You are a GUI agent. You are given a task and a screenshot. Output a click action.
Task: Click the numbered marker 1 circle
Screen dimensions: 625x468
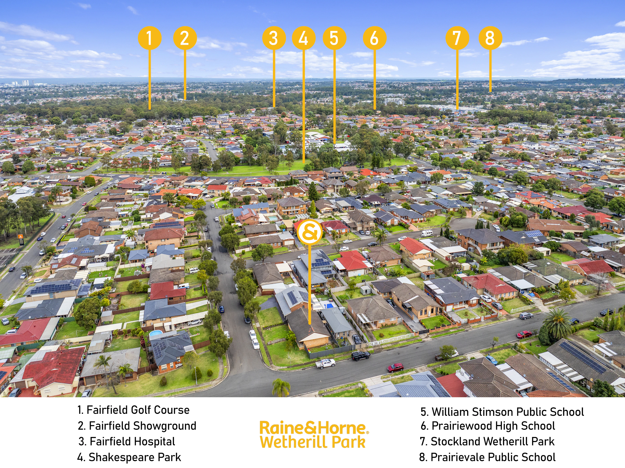(150, 38)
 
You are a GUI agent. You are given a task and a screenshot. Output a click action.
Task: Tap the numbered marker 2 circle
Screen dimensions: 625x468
(185, 38)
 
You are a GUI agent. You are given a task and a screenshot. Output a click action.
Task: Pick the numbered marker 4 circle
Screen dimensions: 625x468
(304, 38)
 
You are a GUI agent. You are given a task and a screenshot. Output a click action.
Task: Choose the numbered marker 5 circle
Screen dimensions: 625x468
(334, 38)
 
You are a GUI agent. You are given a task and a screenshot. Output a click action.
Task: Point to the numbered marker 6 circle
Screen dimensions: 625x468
(375, 38)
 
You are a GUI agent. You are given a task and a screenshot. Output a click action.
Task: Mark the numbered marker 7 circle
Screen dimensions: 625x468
(457, 38)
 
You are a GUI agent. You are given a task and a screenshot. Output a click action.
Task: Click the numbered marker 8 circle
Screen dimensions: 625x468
(490, 38)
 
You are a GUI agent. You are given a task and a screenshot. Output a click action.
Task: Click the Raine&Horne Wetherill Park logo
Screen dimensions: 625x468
(314, 434)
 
